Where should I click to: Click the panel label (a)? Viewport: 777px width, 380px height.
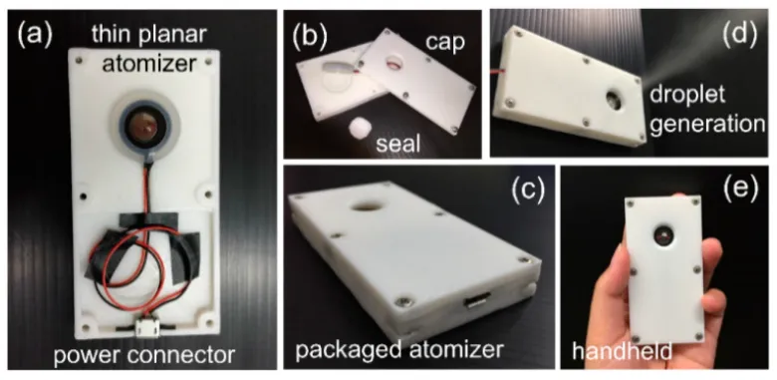click(35, 36)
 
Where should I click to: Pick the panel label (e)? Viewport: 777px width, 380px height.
click(741, 189)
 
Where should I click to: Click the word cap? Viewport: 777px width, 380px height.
click(445, 43)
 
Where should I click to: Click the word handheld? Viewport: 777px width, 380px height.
click(622, 351)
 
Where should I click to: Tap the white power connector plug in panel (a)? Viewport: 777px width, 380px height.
click(147, 328)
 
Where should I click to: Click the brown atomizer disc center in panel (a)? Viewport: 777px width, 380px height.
click(144, 128)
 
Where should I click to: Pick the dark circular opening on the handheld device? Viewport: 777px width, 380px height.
click(663, 233)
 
